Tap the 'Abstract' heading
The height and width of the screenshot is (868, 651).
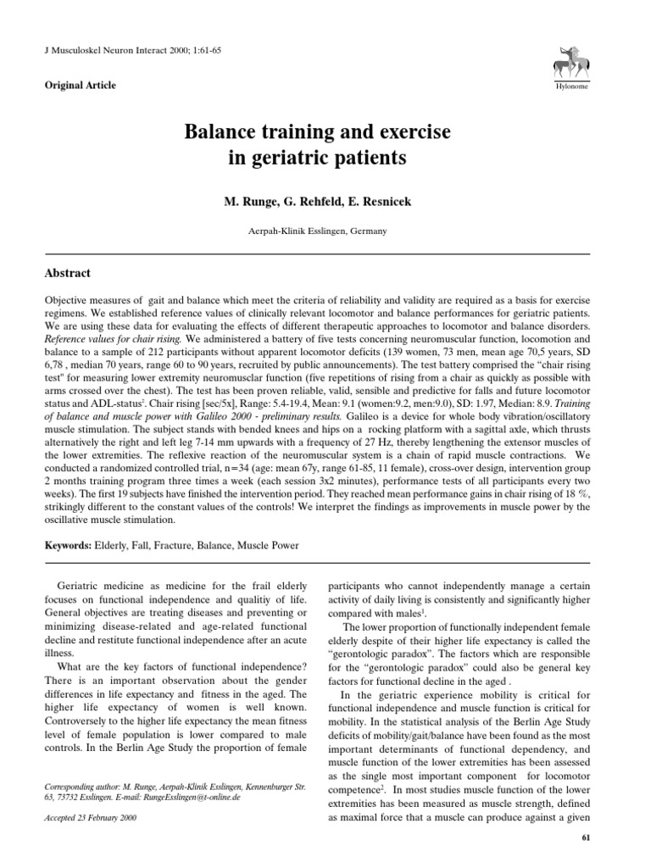(x=67, y=274)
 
